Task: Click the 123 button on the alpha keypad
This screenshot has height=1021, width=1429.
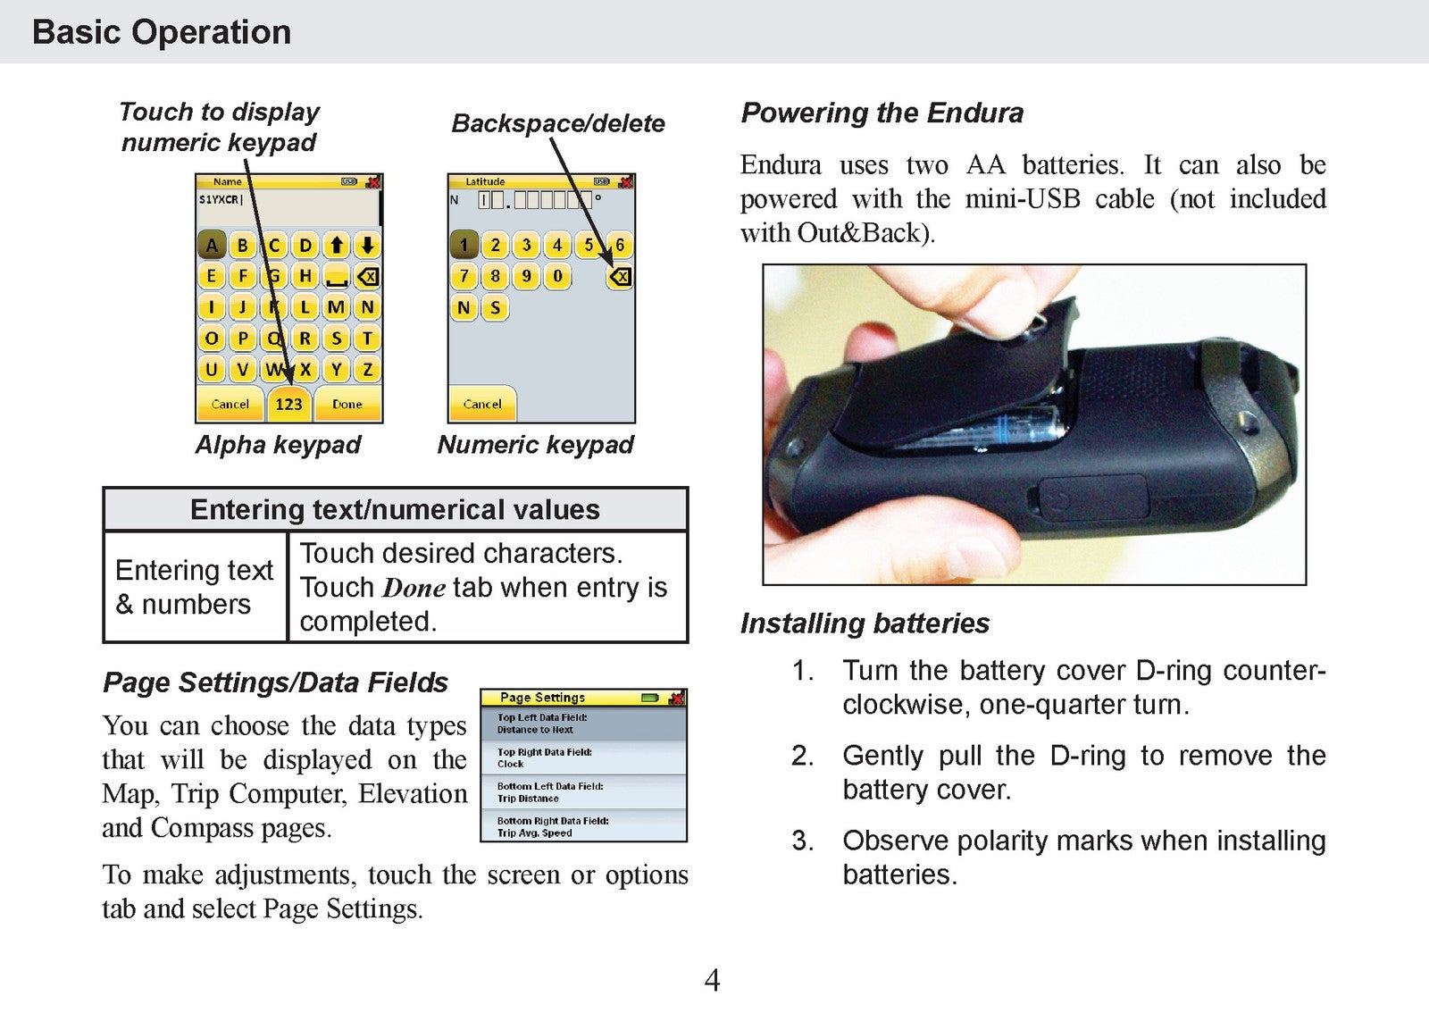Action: tap(288, 404)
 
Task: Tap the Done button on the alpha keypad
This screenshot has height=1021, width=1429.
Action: tap(347, 404)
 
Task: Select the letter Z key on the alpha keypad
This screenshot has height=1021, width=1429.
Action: tap(367, 369)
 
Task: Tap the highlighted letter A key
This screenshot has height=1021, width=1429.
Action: tap(211, 245)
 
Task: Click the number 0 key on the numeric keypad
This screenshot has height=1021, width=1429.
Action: tap(557, 276)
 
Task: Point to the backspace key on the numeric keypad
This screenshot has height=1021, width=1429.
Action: tap(619, 277)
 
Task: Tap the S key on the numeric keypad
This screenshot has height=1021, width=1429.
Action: tap(495, 308)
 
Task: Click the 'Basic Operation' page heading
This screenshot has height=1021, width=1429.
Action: tap(162, 32)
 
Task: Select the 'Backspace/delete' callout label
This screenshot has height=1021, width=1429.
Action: tap(557, 123)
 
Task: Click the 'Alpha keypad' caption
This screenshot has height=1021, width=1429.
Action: tap(278, 444)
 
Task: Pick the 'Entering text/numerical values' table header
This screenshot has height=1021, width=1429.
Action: tap(395, 509)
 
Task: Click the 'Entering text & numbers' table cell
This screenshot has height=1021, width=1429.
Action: tap(194, 587)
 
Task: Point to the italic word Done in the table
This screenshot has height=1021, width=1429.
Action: tap(414, 588)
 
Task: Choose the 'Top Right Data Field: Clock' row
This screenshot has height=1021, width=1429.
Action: tap(583, 757)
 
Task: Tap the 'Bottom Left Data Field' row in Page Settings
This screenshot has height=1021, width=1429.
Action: tap(583, 792)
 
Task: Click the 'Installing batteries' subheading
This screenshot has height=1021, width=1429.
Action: tap(865, 623)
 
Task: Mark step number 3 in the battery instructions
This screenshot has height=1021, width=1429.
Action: tap(802, 841)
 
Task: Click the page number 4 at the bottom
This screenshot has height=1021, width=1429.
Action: tap(712, 980)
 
